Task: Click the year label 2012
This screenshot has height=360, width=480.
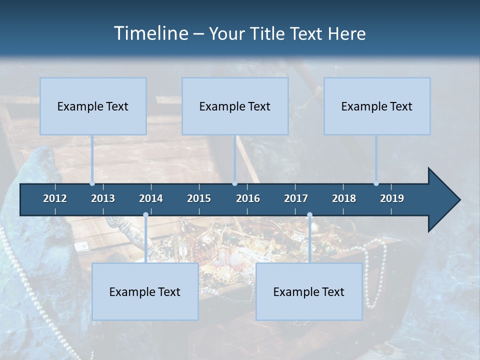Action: click(x=55, y=198)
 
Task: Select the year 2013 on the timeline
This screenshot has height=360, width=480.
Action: click(x=103, y=198)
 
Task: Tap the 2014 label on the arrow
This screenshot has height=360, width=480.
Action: click(x=151, y=198)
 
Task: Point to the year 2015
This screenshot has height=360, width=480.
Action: click(x=199, y=198)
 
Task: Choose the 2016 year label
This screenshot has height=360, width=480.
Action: click(x=248, y=198)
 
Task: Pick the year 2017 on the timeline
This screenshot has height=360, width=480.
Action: click(x=296, y=198)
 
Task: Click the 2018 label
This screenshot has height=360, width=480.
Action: click(x=344, y=198)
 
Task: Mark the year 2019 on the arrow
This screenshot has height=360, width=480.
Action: click(x=392, y=198)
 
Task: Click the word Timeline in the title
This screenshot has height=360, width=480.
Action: click(x=149, y=33)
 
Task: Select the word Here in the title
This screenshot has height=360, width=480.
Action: click(x=346, y=33)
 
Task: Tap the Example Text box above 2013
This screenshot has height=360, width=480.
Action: click(x=93, y=106)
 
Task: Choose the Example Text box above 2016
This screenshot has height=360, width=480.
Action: click(x=235, y=106)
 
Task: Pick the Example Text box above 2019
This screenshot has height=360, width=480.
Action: click(x=377, y=106)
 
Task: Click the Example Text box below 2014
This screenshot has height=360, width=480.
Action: click(x=145, y=291)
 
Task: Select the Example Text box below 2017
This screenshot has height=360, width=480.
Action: click(x=309, y=291)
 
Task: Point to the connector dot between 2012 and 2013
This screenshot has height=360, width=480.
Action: click(x=92, y=183)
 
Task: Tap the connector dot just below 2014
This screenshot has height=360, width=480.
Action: click(x=145, y=215)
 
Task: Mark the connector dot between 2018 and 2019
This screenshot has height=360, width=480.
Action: click(x=376, y=183)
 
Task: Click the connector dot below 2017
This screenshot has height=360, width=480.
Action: click(x=309, y=215)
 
